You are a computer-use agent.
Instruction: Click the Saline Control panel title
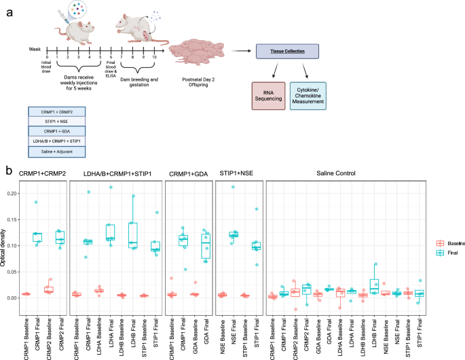tap(348, 175)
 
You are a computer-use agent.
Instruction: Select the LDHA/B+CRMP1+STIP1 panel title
tap(116, 175)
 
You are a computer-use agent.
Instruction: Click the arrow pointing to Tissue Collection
tap(240, 51)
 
